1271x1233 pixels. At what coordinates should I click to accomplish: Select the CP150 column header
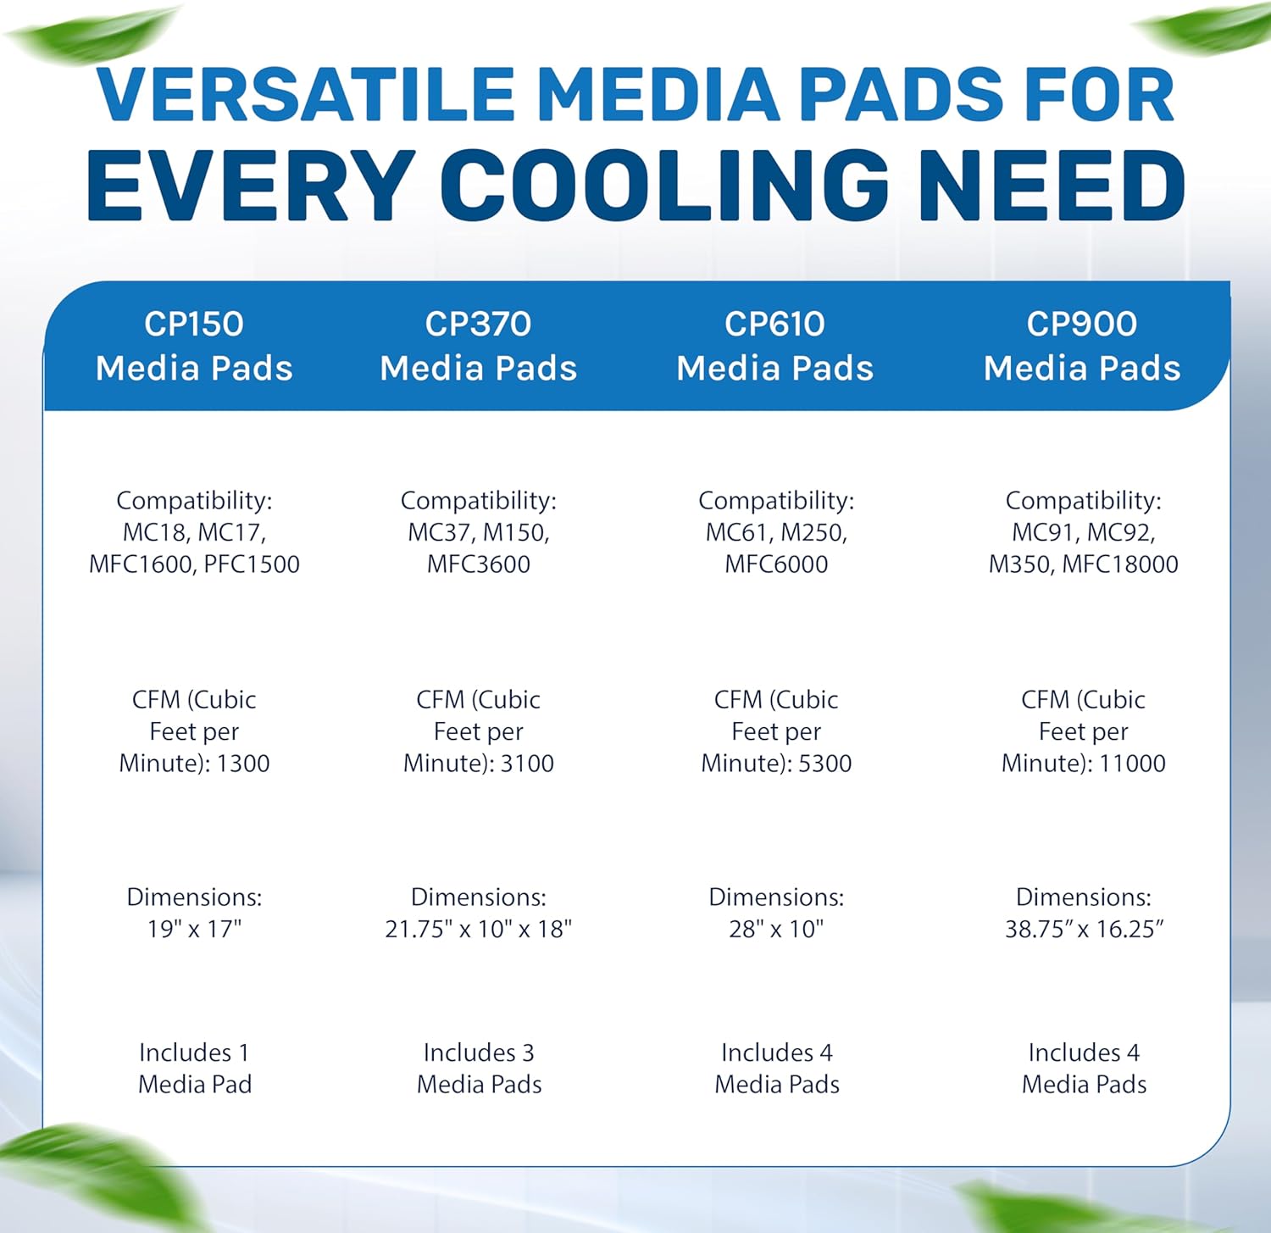click(x=194, y=346)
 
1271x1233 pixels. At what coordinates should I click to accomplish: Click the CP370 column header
click(x=479, y=346)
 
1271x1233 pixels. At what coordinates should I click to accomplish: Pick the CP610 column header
click(x=775, y=346)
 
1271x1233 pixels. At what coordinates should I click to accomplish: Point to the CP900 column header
click(x=1082, y=346)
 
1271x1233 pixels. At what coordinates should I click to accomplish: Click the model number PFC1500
click(x=252, y=564)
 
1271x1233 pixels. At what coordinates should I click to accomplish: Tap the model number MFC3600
click(x=479, y=564)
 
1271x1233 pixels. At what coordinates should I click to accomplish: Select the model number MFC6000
click(x=776, y=564)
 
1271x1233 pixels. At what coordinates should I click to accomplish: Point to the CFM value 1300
click(x=243, y=764)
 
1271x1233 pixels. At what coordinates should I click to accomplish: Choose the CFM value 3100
click(x=527, y=764)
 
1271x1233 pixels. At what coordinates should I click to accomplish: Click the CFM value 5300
click(x=825, y=764)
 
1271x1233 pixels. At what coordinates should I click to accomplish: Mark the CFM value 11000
click(x=1132, y=764)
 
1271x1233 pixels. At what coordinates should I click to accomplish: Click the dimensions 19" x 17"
click(x=194, y=930)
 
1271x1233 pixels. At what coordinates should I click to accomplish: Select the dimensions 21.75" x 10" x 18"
click(x=479, y=930)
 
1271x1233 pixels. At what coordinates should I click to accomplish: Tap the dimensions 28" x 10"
click(x=776, y=930)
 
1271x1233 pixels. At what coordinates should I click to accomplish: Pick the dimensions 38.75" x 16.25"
click(x=1084, y=930)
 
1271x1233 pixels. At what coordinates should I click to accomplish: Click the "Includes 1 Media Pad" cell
click(x=195, y=1069)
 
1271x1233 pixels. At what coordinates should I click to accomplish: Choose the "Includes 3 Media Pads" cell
click(x=479, y=1069)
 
